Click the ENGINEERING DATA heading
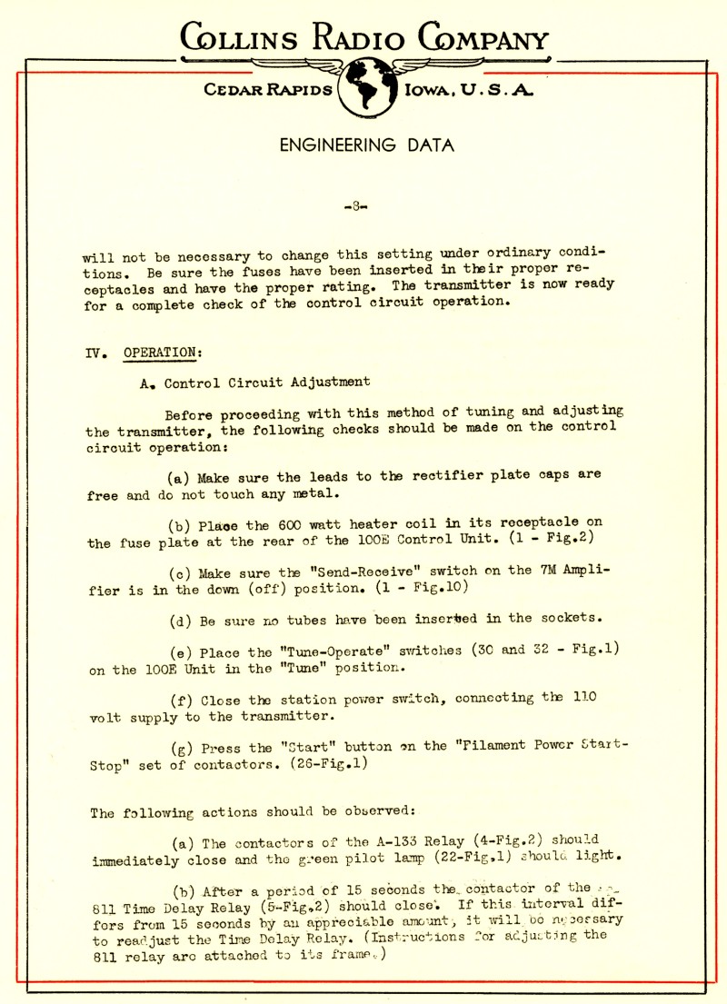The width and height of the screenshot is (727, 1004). click(366, 145)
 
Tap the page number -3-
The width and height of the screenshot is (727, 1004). click(356, 207)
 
